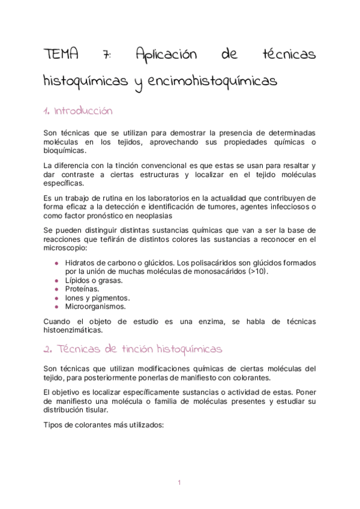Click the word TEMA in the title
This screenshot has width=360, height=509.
(x=61, y=55)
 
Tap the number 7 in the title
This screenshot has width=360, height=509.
(x=106, y=55)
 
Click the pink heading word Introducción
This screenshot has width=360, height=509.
(x=83, y=112)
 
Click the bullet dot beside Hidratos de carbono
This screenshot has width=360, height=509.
(x=56, y=262)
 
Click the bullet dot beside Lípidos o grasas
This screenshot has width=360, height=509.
(x=56, y=280)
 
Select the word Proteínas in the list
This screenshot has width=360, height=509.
(x=82, y=289)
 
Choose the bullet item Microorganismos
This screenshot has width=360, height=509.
(x=95, y=306)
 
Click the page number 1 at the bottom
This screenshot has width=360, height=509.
(x=179, y=482)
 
